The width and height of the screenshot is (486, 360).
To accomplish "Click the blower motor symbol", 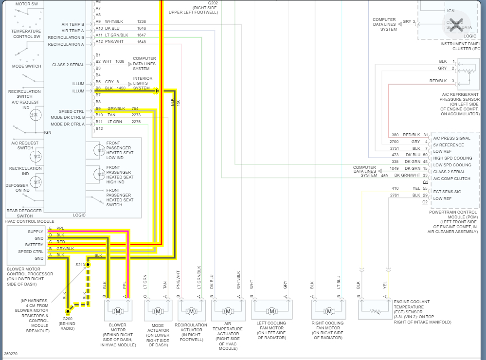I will (x=118, y=311).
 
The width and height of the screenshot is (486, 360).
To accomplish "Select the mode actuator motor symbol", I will (x=158, y=311).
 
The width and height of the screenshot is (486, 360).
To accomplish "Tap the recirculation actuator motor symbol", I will (x=191, y=311).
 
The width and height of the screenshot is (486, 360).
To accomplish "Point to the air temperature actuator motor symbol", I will (x=228, y=311).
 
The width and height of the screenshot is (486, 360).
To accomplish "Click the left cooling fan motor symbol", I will (x=272, y=311).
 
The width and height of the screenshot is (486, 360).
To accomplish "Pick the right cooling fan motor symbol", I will (x=329, y=311).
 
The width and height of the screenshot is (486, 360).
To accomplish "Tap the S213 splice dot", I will (x=88, y=265).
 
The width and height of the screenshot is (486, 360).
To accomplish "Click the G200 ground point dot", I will (x=67, y=311).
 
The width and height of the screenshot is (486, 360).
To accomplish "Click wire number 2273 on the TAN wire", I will (x=136, y=115).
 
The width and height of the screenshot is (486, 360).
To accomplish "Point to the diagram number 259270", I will (x=11, y=354).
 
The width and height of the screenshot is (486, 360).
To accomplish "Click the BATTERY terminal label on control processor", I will (x=34, y=245).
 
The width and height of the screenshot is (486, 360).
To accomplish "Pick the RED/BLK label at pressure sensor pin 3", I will (x=438, y=81).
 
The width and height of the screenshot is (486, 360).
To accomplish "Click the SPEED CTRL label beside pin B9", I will (x=72, y=111).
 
